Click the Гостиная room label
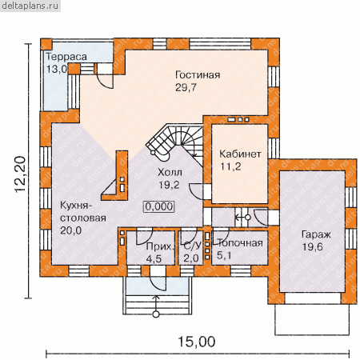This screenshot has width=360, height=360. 198,75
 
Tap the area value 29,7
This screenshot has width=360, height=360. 186,87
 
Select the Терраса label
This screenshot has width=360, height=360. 66,57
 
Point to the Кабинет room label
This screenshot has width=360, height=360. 240,154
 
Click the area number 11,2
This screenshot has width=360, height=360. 230,166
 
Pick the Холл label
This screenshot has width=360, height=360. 170,172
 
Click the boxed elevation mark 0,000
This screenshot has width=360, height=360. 159,206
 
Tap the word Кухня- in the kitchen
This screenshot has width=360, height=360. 76,206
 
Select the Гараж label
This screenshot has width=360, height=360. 316,234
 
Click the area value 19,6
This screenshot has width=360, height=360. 312,247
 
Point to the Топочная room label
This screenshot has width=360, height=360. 240,243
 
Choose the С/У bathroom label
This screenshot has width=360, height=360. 192,246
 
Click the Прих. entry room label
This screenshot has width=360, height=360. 160,246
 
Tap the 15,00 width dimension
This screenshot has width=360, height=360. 197,342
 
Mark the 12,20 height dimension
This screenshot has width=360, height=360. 20,174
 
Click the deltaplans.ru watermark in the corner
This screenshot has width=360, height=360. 30,6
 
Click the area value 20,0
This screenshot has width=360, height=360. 70,230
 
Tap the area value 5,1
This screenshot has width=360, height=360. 224,255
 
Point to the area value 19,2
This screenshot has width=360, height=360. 169,185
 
